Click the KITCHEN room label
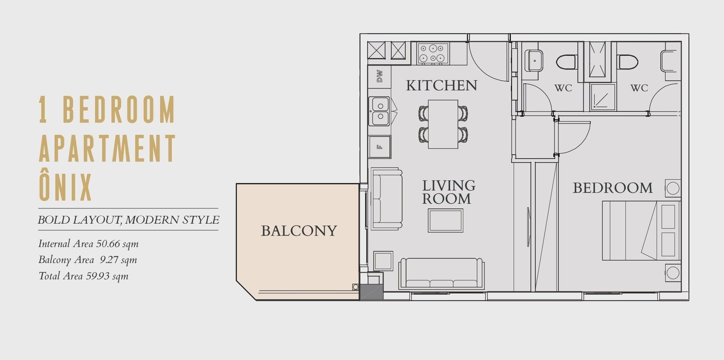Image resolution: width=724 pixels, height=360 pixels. pyautogui.click(x=441, y=85)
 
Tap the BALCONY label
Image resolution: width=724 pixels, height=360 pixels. pyautogui.click(x=299, y=231)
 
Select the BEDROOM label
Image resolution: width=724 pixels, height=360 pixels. pyautogui.click(x=613, y=188)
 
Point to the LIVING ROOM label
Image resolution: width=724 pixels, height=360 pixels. pyautogui.click(x=449, y=192)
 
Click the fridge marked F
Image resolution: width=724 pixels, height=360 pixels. pyautogui.click(x=380, y=147)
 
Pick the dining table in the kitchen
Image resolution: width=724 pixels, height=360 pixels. pyautogui.click(x=443, y=124)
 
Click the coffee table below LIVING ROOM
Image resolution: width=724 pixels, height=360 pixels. pyautogui.click(x=445, y=221)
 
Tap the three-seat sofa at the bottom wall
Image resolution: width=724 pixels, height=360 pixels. pyautogui.click(x=441, y=274)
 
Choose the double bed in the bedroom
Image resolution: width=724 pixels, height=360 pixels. pyautogui.click(x=641, y=231)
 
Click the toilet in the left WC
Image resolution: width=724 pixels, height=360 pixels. pyautogui.click(x=566, y=62)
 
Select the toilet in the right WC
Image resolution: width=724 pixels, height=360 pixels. pyautogui.click(x=628, y=62)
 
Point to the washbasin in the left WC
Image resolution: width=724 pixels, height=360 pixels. pyautogui.click(x=533, y=60)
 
